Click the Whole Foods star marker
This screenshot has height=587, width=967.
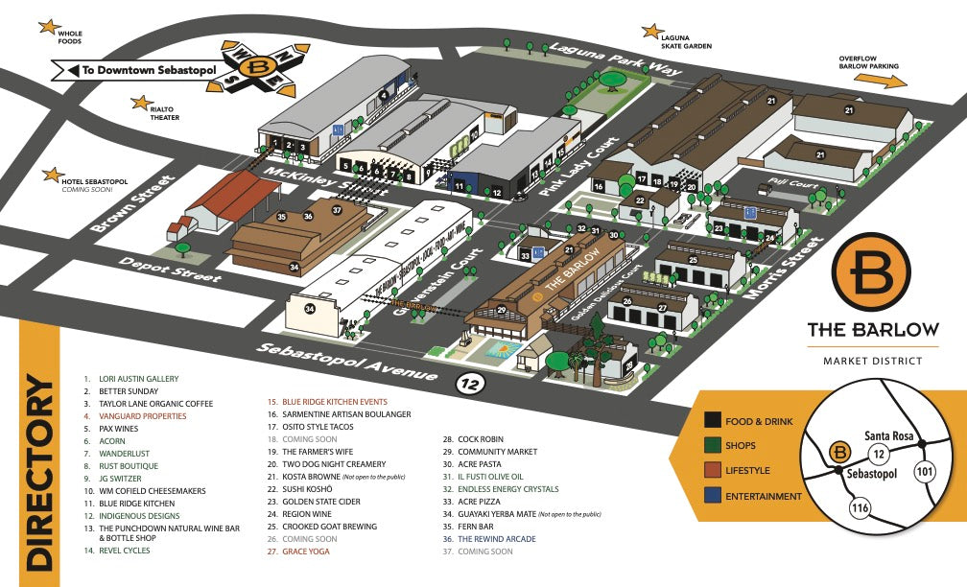point(47,27)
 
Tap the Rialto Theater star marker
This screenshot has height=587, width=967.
point(143,101)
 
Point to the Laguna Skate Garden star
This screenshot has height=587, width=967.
point(651,32)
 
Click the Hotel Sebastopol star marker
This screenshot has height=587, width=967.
point(50,175)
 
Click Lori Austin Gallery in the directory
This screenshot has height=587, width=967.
point(138,379)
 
